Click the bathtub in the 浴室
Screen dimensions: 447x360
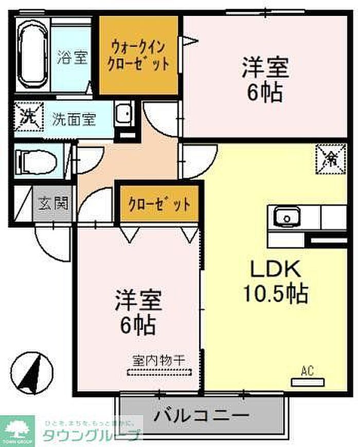point(32,54)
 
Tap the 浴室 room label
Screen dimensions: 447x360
point(73,57)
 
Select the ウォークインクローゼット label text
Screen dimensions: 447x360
point(140,55)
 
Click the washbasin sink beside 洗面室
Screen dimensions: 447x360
point(124,114)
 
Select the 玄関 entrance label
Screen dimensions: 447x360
point(53,203)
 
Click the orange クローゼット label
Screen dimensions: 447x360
point(159,204)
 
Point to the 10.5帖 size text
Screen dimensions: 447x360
point(275,294)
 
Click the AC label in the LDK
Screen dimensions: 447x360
point(308,370)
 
